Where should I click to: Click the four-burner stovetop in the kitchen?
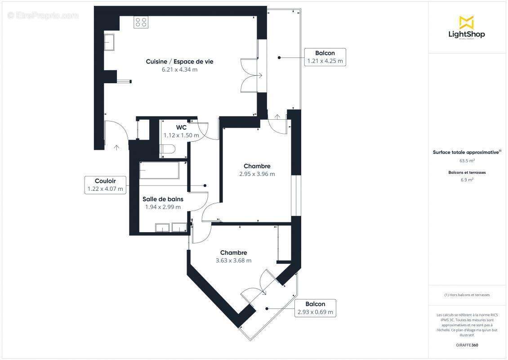pyautogui.click(x=140, y=22)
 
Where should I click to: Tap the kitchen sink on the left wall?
pyautogui.click(x=110, y=42)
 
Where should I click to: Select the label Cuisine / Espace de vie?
pyautogui.click(x=179, y=61)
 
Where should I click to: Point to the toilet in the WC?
pyautogui.click(x=168, y=150)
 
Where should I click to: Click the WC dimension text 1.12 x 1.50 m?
pyautogui.click(x=181, y=135)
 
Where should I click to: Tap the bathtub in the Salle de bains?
pyautogui.click(x=159, y=171)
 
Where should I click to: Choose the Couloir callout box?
pyautogui.click(x=105, y=185)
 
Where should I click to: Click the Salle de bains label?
pyautogui.click(x=163, y=199)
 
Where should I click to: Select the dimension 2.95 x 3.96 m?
pyautogui.click(x=257, y=174)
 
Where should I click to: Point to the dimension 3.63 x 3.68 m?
pyautogui.click(x=233, y=261)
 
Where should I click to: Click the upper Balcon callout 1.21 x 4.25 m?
pyautogui.click(x=325, y=57)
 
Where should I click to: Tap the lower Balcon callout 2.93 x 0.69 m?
pyautogui.click(x=315, y=308)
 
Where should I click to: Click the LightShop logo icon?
pyautogui.click(x=466, y=22)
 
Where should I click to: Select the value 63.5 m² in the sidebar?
pyautogui.click(x=467, y=160)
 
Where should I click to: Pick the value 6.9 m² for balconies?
pyautogui.click(x=467, y=180)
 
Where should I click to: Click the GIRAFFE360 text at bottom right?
pyautogui.click(x=467, y=345)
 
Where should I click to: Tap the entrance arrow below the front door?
pyautogui.click(x=116, y=147)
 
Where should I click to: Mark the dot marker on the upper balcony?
pyautogui.click(x=279, y=58)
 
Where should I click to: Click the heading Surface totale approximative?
pyautogui.click(x=466, y=153)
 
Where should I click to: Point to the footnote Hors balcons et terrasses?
pyautogui.click(x=467, y=295)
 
